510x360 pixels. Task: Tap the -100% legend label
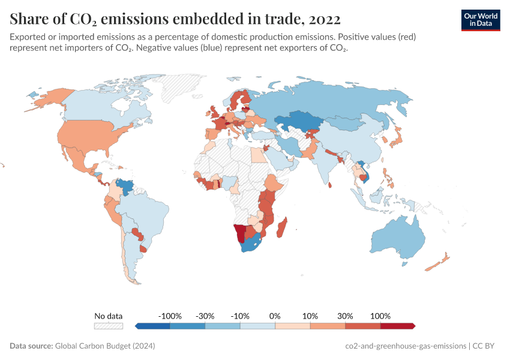(x=170, y=316)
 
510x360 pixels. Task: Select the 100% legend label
(x=380, y=316)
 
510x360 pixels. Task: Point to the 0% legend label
(x=275, y=316)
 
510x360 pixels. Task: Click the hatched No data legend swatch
(x=109, y=326)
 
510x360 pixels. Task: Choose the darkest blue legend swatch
(x=153, y=326)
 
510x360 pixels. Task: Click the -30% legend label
(x=205, y=316)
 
